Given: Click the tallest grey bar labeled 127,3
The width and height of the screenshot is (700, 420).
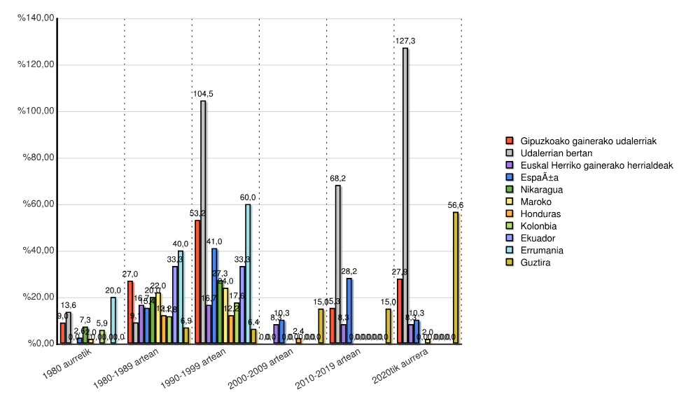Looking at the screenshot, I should (x=405, y=195).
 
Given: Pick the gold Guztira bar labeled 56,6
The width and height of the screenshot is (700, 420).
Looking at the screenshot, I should (x=456, y=277).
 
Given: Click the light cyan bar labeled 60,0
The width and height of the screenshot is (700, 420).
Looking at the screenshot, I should (x=248, y=274).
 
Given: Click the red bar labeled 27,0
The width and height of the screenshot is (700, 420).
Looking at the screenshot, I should (x=130, y=312).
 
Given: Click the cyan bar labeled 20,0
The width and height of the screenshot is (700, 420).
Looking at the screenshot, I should (x=113, y=320).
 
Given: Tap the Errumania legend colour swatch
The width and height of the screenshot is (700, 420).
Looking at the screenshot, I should (x=511, y=251).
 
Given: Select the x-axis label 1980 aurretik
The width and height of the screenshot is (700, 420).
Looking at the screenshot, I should (x=66, y=365).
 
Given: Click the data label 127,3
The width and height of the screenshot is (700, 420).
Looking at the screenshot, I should (x=405, y=41).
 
